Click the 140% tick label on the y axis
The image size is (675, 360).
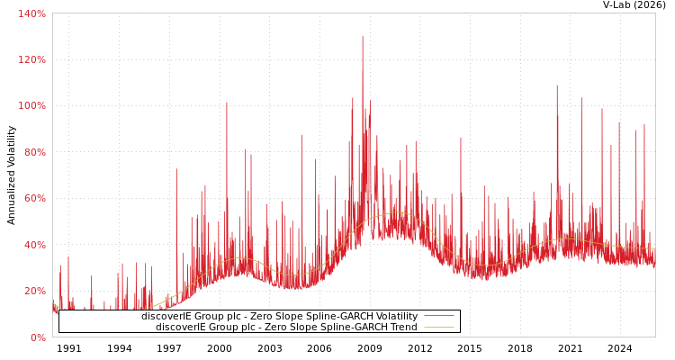[31, 13]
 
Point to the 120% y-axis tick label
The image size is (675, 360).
[31, 59]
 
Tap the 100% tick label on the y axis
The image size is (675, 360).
[31, 105]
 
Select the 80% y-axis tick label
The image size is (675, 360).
[33, 152]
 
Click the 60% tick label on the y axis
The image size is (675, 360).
[33, 198]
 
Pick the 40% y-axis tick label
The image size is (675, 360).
[33, 245]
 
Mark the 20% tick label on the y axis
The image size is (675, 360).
[33, 291]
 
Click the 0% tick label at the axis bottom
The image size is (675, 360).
[37, 337]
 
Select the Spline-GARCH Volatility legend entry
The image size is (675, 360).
[279, 316]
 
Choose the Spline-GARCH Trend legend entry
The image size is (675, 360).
[286, 327]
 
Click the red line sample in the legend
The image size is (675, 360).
[438, 316]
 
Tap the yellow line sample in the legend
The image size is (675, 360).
[438, 327]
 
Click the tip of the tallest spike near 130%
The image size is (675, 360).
[363, 37]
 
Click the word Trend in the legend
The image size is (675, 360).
[403, 327]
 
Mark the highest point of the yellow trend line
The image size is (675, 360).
[396, 212]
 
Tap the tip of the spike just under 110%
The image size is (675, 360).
[556, 85]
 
